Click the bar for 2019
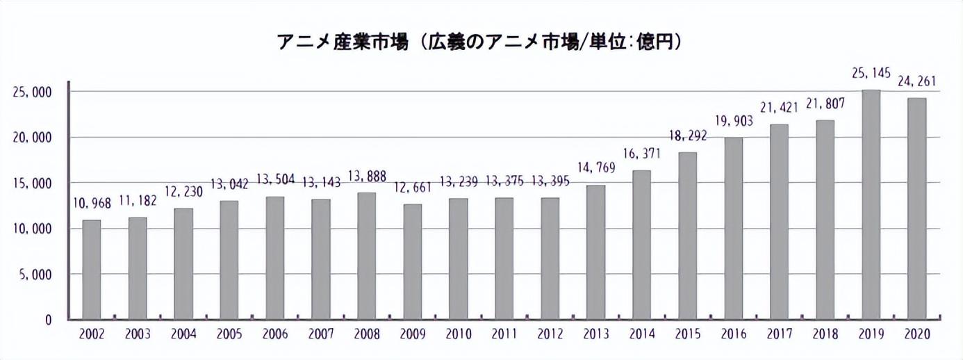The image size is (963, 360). pos(871,205)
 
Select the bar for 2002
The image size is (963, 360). pos(92,270)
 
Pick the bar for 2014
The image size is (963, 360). pos(642,245)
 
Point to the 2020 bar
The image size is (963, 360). pos(916,208)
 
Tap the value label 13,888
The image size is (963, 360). pos(367,177)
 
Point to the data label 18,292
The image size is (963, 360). pos(687,136)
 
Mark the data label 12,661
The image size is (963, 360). pos(413,188)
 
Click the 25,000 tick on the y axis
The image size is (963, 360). pos(32,92)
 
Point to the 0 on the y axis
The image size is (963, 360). pos(48,320)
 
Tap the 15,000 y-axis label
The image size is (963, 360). pos(32,183)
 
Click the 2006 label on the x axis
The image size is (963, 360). pos(275,335)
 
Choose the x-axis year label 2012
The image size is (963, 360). pos(550,335)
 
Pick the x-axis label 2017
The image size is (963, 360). pos(779,335)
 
